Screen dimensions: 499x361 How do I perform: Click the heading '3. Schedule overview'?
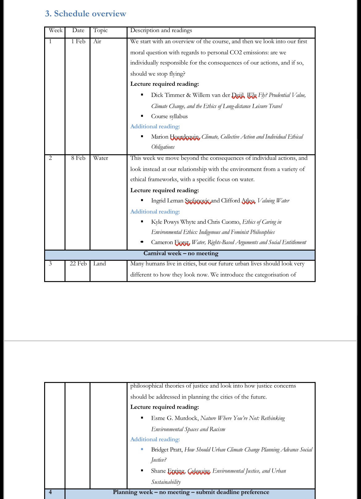coord(86,14)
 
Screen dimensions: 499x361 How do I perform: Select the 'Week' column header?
coord(56,30)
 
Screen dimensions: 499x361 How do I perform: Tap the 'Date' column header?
coord(78,30)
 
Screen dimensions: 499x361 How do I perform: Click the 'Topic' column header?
coord(100,30)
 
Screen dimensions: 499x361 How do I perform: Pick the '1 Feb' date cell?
coord(78,41)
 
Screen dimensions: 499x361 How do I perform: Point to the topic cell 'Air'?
coord(97,41)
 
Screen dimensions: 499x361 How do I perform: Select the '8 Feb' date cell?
coord(78,158)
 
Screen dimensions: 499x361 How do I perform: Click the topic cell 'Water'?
coord(101,158)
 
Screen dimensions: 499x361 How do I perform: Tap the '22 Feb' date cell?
coord(78,264)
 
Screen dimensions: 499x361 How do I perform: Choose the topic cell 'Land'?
coord(99,264)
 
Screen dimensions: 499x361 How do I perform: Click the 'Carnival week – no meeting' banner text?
coord(181,253)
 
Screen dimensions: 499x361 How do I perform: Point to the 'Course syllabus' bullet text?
coord(169,116)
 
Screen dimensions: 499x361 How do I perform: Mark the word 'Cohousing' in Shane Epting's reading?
coord(199,471)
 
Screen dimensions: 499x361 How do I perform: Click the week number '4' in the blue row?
coord(50,492)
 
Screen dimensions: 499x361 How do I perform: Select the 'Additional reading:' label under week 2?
coord(155,212)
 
